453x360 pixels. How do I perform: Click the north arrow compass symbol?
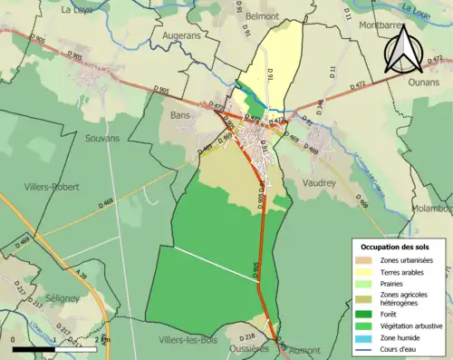pos(404,50)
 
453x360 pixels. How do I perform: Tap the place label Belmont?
pos(288,16)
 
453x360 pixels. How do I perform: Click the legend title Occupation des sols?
pos(397,247)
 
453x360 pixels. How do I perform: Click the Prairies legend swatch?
pos(370,282)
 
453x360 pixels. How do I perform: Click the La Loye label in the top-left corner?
pos(79,10)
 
